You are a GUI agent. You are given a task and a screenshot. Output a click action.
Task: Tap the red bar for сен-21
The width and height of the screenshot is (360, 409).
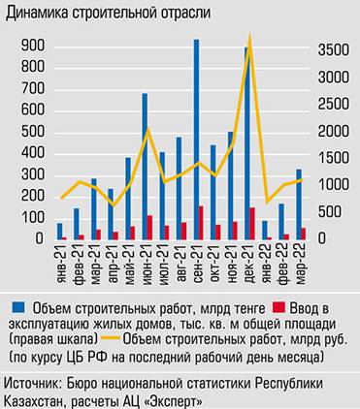tap(202, 223)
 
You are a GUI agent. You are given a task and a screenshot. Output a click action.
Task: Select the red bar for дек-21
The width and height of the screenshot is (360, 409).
tap(252, 224)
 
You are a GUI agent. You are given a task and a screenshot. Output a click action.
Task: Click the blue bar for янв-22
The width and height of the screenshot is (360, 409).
tap(264, 231)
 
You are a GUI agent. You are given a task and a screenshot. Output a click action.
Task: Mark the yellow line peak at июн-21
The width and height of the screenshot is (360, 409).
tap(147, 130)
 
